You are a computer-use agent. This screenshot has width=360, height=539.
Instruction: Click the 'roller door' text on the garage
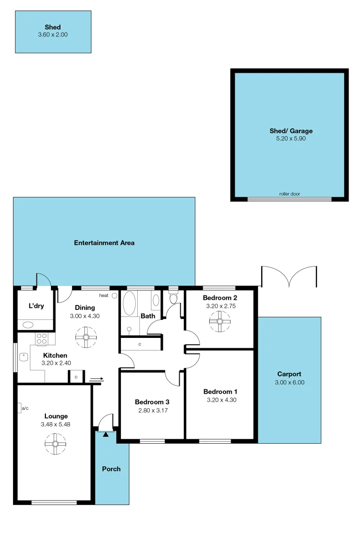point(290,194)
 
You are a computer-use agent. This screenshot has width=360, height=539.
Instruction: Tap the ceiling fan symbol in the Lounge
point(55,444)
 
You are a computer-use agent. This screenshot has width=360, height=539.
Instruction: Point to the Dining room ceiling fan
point(86,338)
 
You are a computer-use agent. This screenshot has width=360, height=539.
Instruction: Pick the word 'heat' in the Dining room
point(103,295)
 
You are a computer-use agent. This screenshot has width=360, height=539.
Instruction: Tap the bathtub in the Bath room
point(129,304)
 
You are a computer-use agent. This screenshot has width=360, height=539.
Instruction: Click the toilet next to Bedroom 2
point(173,298)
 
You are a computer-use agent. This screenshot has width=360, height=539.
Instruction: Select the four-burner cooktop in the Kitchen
point(41,339)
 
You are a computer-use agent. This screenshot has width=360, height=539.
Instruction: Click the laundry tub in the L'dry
point(28,324)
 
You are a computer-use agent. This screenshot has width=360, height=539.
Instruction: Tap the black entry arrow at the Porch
point(106,435)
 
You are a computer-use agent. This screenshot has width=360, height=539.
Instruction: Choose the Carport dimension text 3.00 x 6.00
point(289,382)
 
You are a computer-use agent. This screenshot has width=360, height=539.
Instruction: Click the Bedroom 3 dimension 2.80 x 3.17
point(152,410)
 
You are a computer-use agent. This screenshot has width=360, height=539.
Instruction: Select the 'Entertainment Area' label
point(104,243)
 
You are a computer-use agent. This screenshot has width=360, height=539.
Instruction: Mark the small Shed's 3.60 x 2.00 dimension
point(52,35)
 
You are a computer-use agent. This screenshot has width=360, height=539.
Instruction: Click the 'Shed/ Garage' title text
point(291,131)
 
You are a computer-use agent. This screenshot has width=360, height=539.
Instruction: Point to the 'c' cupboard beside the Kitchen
point(76,377)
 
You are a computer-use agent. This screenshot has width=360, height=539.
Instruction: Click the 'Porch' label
point(111,469)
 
